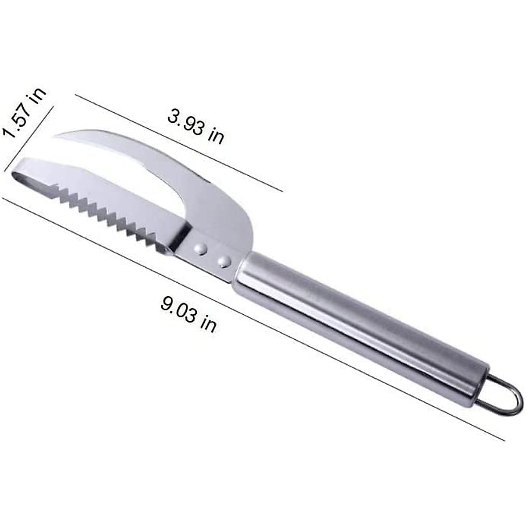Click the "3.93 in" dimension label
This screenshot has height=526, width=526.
coord(195,127)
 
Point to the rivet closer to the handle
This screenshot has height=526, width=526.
coord(225,262)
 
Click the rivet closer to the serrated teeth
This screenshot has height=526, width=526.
coord(202,249)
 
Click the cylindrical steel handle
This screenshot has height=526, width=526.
coord(359,324)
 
